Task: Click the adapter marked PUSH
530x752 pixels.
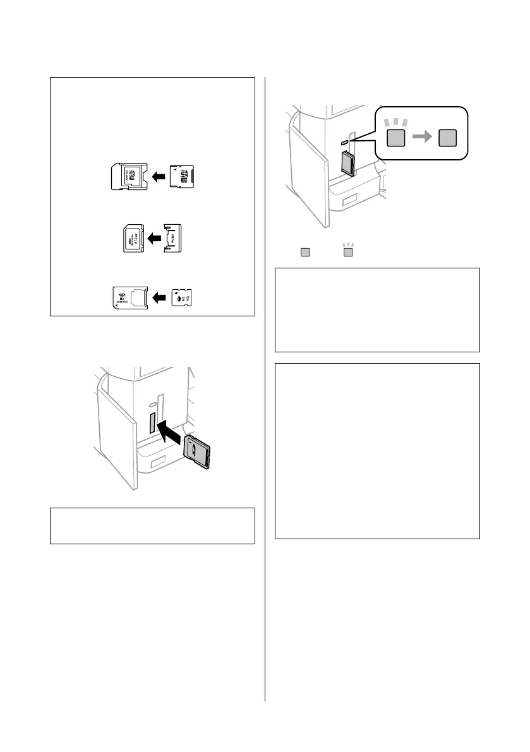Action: pos(172,238)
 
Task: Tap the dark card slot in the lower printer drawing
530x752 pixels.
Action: pos(152,424)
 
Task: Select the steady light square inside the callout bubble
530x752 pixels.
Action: pos(449,138)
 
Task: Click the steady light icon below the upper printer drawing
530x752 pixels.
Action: pos(306,253)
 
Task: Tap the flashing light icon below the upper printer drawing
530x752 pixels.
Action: pos(347,252)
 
